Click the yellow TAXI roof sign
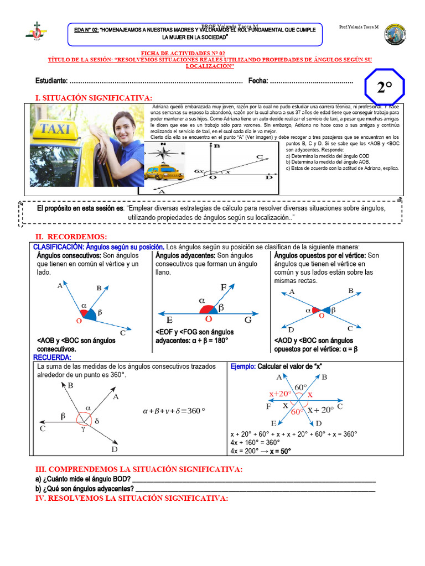point(55,130)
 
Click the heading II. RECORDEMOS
point(71,237)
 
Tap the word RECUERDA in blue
point(52,358)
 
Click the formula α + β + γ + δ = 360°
point(174,411)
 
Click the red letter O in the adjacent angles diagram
point(208,319)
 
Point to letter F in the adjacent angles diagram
point(224,287)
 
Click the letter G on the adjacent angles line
point(247,320)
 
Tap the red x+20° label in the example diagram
point(280,394)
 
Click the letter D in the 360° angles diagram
point(114,449)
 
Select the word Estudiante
point(51,81)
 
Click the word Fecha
point(258,81)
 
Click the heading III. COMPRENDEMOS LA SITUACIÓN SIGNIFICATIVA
point(138,469)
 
